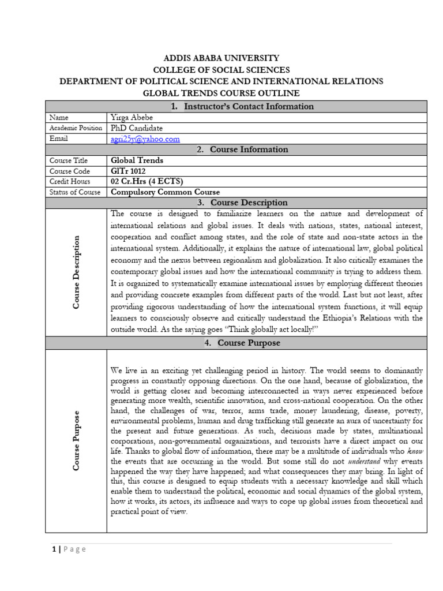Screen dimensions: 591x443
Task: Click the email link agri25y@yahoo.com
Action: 145,139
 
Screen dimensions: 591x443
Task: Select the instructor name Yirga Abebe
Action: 133,117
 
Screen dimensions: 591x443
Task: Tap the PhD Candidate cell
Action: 137,128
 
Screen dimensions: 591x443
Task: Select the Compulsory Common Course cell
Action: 165,192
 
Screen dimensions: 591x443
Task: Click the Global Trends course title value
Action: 137,160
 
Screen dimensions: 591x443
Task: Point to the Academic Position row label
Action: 76,128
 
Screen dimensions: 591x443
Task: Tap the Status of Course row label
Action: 75,192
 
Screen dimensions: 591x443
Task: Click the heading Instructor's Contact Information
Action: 242,106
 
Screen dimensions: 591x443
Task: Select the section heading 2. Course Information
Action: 242,149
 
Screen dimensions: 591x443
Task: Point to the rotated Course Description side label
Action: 76,272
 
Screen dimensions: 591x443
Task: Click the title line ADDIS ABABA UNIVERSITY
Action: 221,58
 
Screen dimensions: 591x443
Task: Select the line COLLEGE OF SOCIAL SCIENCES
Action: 221,70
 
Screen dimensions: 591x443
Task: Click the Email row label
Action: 59,139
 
